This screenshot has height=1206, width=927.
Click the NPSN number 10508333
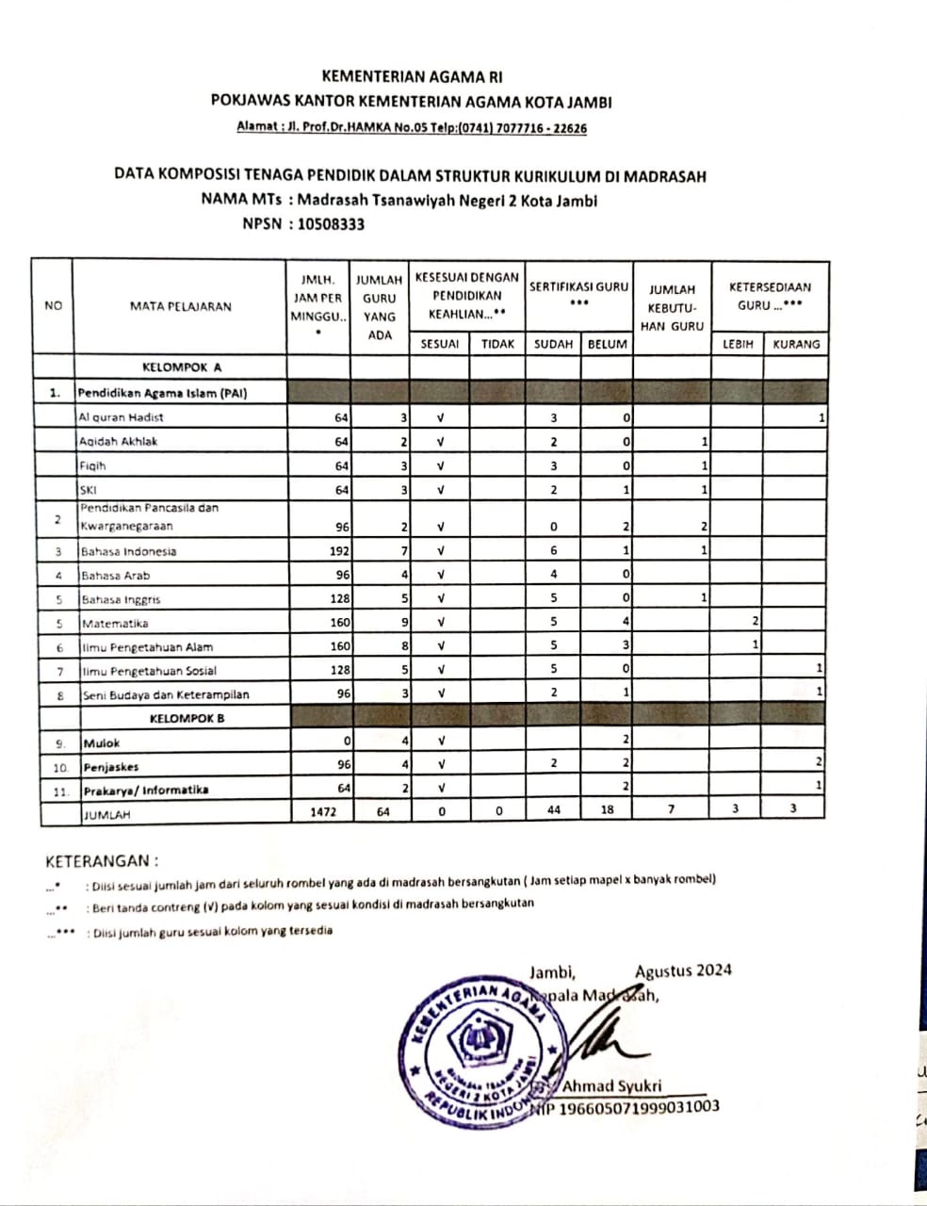(x=331, y=224)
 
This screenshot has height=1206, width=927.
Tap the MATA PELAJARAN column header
(x=180, y=305)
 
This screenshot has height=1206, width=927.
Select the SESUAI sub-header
(x=439, y=344)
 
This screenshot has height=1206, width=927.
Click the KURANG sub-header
(x=796, y=344)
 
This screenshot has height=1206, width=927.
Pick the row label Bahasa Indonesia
(x=128, y=551)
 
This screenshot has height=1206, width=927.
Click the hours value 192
(x=339, y=551)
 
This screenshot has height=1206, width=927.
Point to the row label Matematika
(x=115, y=623)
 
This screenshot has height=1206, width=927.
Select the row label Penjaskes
(x=111, y=767)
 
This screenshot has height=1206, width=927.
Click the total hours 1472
(x=324, y=810)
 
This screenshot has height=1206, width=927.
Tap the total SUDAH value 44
(x=553, y=810)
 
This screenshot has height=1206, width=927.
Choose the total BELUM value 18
(x=607, y=810)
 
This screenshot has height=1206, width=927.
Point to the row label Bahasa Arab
(x=115, y=575)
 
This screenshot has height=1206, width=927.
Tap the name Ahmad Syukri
(x=611, y=1085)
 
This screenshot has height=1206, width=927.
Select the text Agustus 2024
(x=683, y=970)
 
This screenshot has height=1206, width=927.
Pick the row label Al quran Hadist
(x=121, y=416)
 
